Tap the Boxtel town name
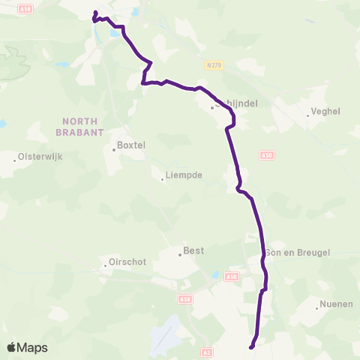point(130,145)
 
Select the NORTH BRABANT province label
point(81,126)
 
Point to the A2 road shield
point(208,351)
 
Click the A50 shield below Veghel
point(267,154)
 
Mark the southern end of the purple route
point(251,346)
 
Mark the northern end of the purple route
point(94,13)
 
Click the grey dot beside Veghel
point(309,115)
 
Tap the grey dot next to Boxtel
point(114,149)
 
